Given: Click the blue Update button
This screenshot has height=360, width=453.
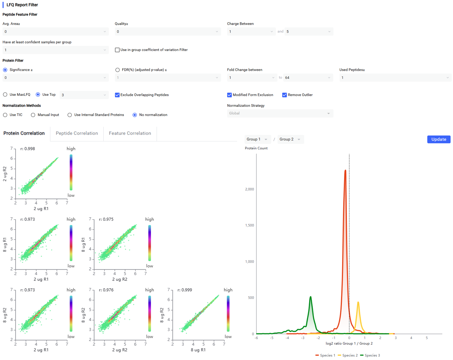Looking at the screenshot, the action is (x=438, y=139).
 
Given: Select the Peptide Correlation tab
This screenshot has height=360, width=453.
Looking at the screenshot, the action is (x=77, y=133).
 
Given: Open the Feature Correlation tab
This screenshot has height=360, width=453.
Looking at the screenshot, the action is (x=130, y=133).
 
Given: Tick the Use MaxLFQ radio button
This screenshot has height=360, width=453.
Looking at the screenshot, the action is (x=5, y=95).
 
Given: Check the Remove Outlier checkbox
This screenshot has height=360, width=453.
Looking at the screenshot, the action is (x=284, y=95).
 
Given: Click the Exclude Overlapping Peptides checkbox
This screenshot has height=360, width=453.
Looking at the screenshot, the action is (x=117, y=95).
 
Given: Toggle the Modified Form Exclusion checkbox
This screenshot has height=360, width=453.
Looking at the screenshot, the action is (x=229, y=95).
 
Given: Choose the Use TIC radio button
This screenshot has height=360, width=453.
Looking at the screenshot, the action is (x=5, y=115).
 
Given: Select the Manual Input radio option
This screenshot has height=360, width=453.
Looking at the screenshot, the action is (x=33, y=115).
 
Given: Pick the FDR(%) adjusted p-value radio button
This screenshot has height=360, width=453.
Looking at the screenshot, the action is (x=117, y=70).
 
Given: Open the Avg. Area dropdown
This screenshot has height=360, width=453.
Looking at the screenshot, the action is (x=56, y=32).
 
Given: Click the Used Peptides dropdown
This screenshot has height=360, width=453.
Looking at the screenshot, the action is (x=395, y=78).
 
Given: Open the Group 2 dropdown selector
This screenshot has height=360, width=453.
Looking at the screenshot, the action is (x=290, y=139).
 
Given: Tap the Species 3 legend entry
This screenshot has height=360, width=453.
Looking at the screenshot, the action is (x=369, y=355).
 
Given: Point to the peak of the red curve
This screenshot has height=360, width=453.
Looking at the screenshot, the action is (x=345, y=170).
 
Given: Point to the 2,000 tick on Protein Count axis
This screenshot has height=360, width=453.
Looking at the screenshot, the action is (x=249, y=189).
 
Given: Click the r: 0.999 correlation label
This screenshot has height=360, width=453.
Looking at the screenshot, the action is (x=184, y=290).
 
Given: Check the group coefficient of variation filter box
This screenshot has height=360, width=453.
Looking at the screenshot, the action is (x=117, y=50).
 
